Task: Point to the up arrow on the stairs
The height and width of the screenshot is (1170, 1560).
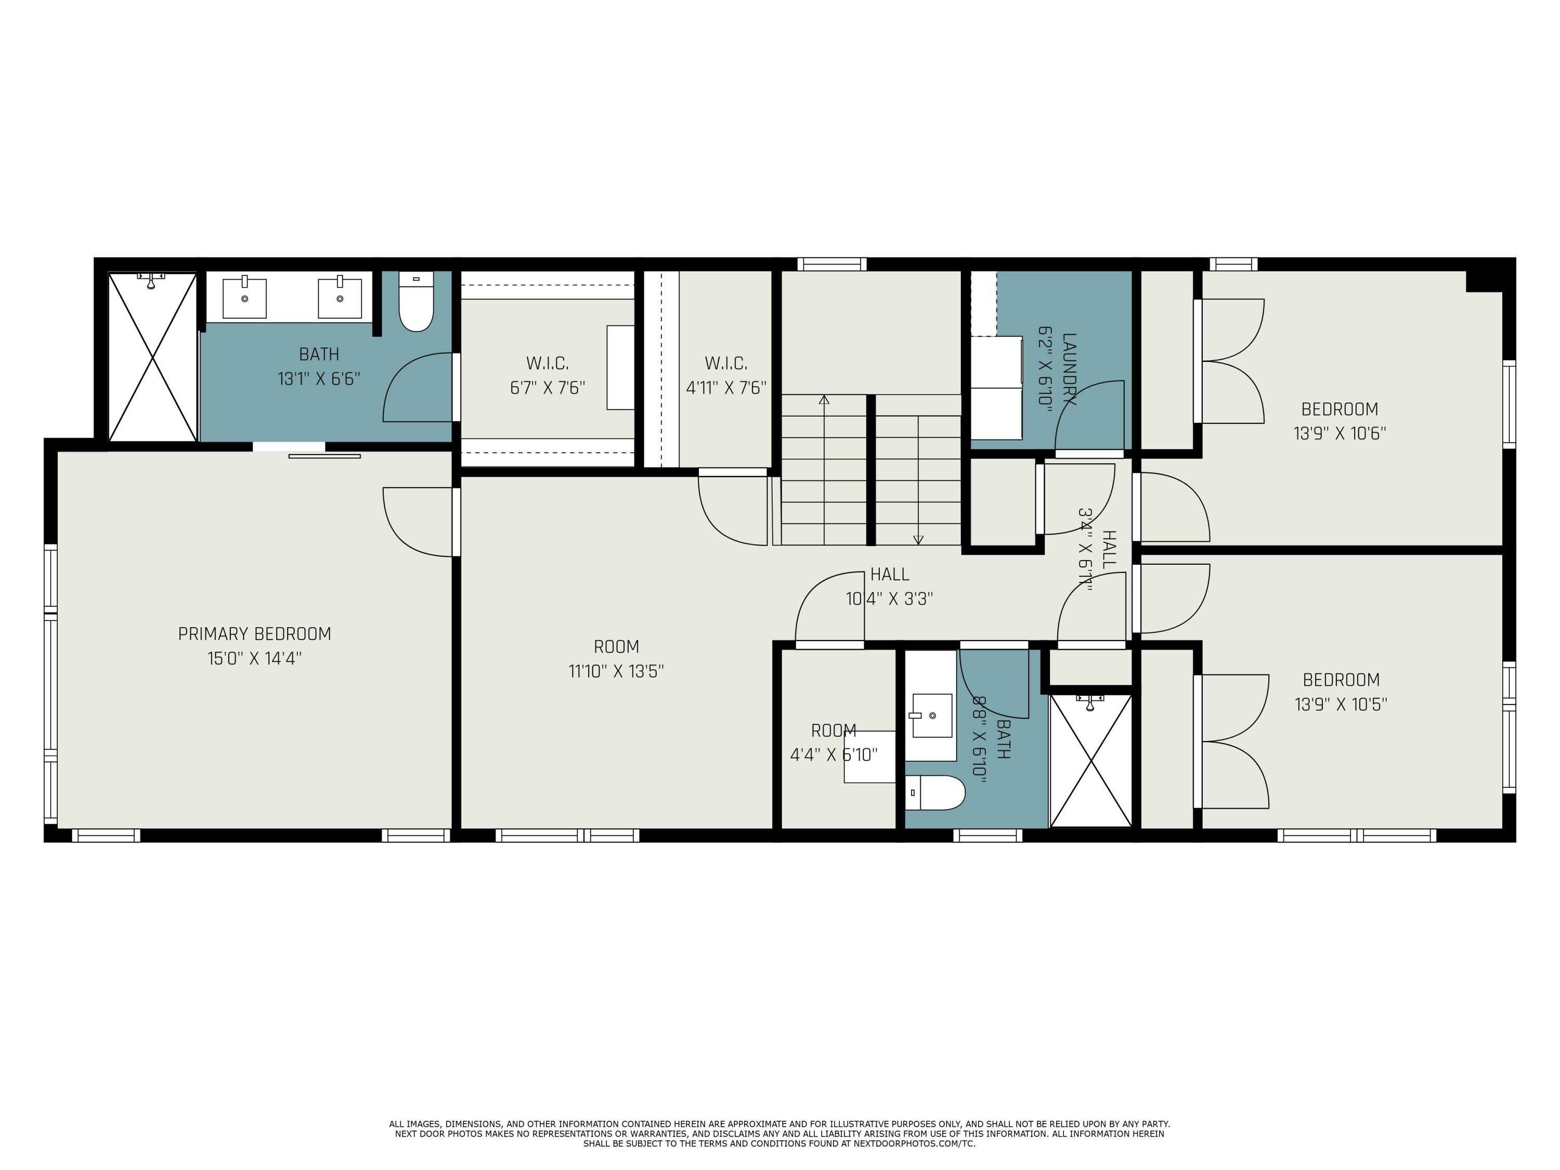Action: pos(824,400)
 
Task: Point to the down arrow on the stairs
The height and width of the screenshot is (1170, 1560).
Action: pos(918,540)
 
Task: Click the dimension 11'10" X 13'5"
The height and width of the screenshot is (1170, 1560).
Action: pos(616,671)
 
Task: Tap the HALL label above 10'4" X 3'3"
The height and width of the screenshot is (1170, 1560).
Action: pos(889,574)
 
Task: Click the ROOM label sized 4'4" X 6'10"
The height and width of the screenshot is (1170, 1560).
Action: pos(834,731)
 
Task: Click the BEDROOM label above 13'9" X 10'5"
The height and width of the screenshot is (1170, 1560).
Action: pos(1341,680)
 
